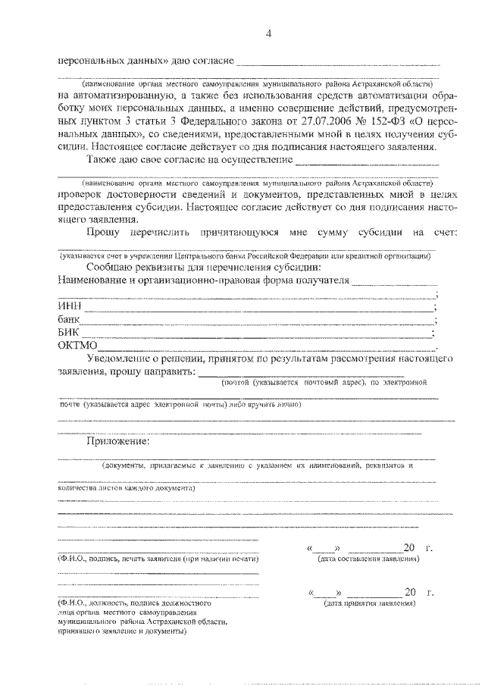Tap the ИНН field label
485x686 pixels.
coord(69,306)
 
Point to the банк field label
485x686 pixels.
coord(69,320)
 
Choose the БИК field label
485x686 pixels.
coord(68,333)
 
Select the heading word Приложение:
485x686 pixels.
coord(118,441)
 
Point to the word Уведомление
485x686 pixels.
coord(125,359)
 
